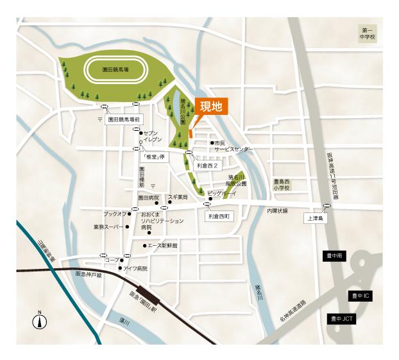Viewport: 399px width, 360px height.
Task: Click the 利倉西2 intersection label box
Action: (209, 165)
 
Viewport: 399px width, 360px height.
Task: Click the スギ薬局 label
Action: (178, 197)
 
